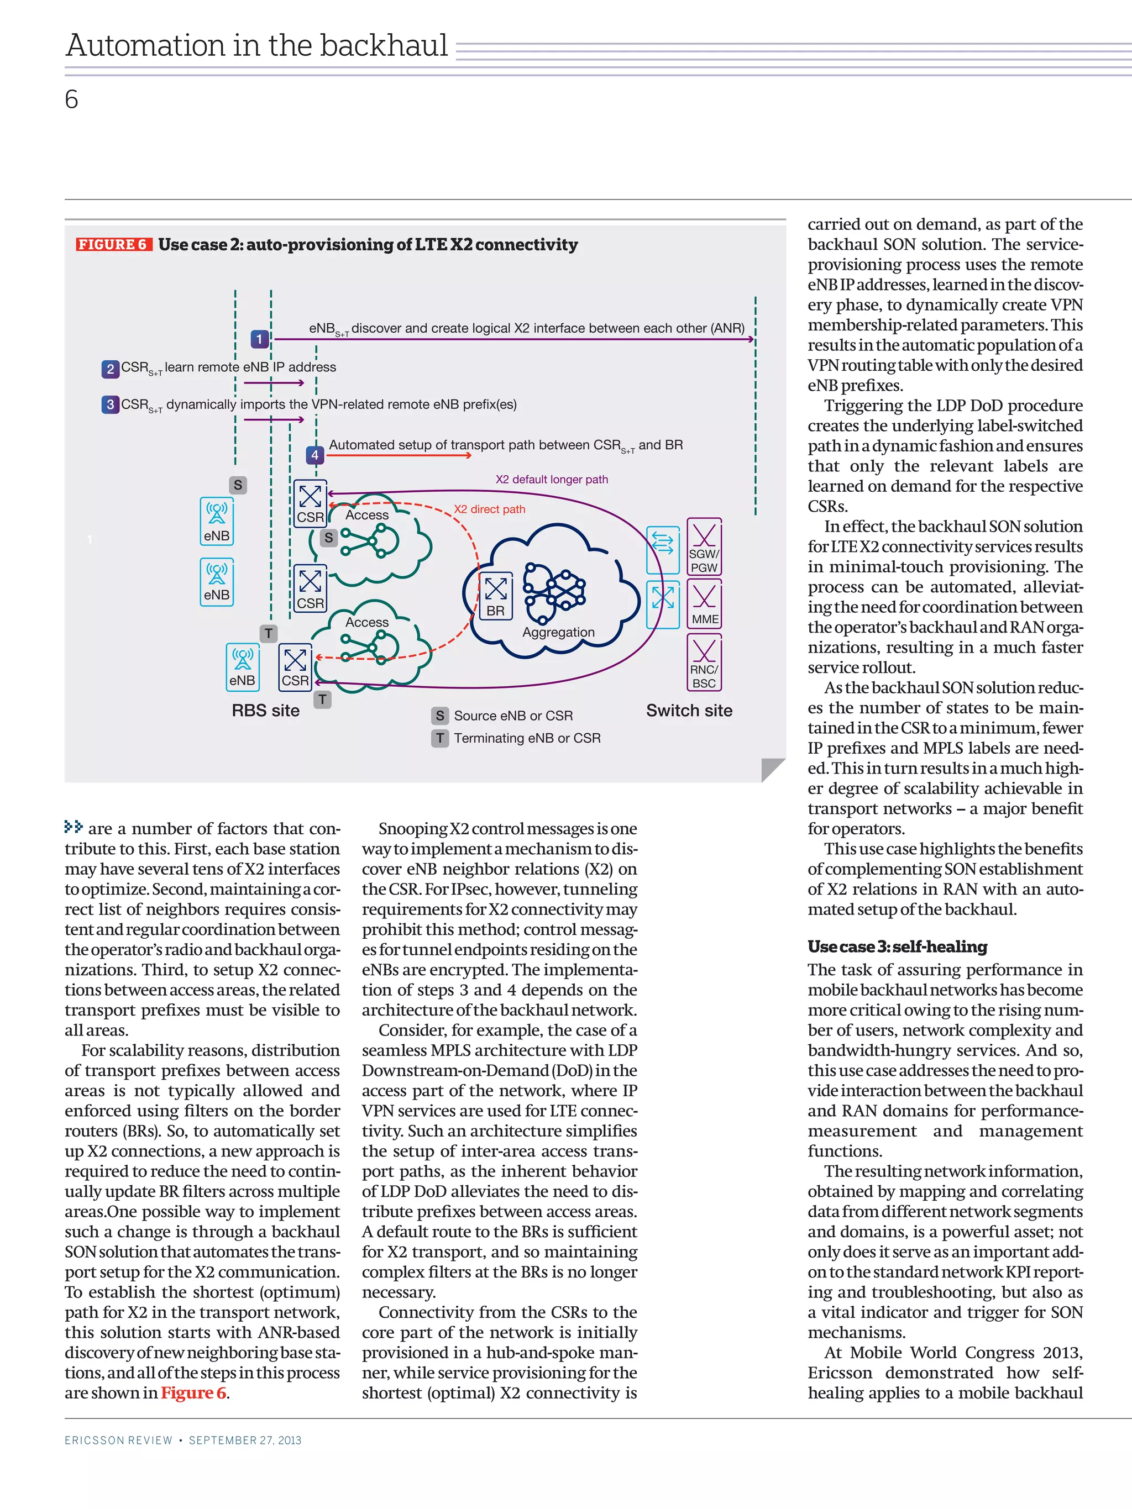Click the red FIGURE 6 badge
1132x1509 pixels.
113,244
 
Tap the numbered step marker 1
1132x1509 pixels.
259,338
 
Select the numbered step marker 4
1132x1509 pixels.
315,454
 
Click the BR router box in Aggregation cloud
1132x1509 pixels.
496,596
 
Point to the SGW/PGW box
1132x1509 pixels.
704,546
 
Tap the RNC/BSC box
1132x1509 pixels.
704,663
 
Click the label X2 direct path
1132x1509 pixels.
489,509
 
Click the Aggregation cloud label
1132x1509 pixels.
558,633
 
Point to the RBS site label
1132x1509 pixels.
265,710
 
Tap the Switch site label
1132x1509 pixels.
689,710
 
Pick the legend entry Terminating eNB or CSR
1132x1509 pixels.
527,738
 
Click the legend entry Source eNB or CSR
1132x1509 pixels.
513,716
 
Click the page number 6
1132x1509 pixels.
72,99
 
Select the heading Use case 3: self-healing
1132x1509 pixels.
897,947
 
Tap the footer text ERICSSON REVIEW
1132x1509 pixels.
119,1440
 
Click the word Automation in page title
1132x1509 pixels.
145,46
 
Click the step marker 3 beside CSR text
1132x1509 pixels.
110,404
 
